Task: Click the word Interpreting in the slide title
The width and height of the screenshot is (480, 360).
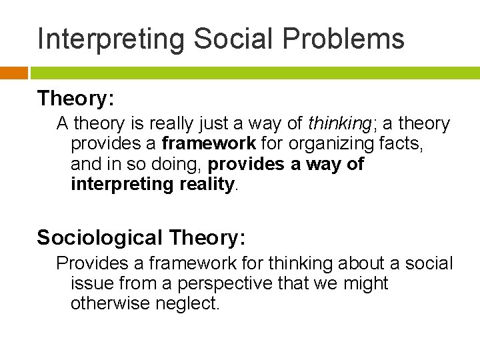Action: tap(111, 39)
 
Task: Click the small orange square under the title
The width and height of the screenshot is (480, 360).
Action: tap(14, 73)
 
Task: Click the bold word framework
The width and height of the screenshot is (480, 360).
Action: tap(208, 144)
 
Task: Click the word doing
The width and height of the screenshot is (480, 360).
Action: tap(175, 164)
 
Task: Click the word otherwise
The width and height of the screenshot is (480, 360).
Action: tap(111, 304)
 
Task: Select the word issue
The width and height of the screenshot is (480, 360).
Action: tap(91, 284)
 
